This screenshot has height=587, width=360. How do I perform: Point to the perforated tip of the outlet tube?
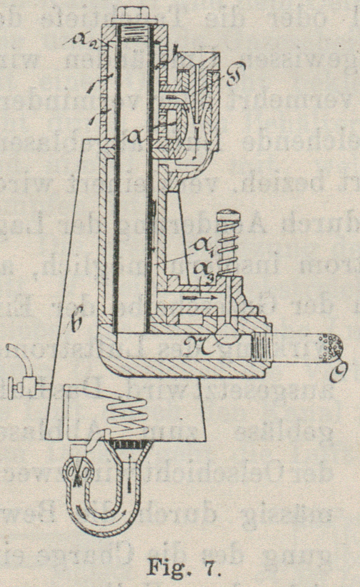333,345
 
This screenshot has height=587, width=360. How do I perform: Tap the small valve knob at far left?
20,386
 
